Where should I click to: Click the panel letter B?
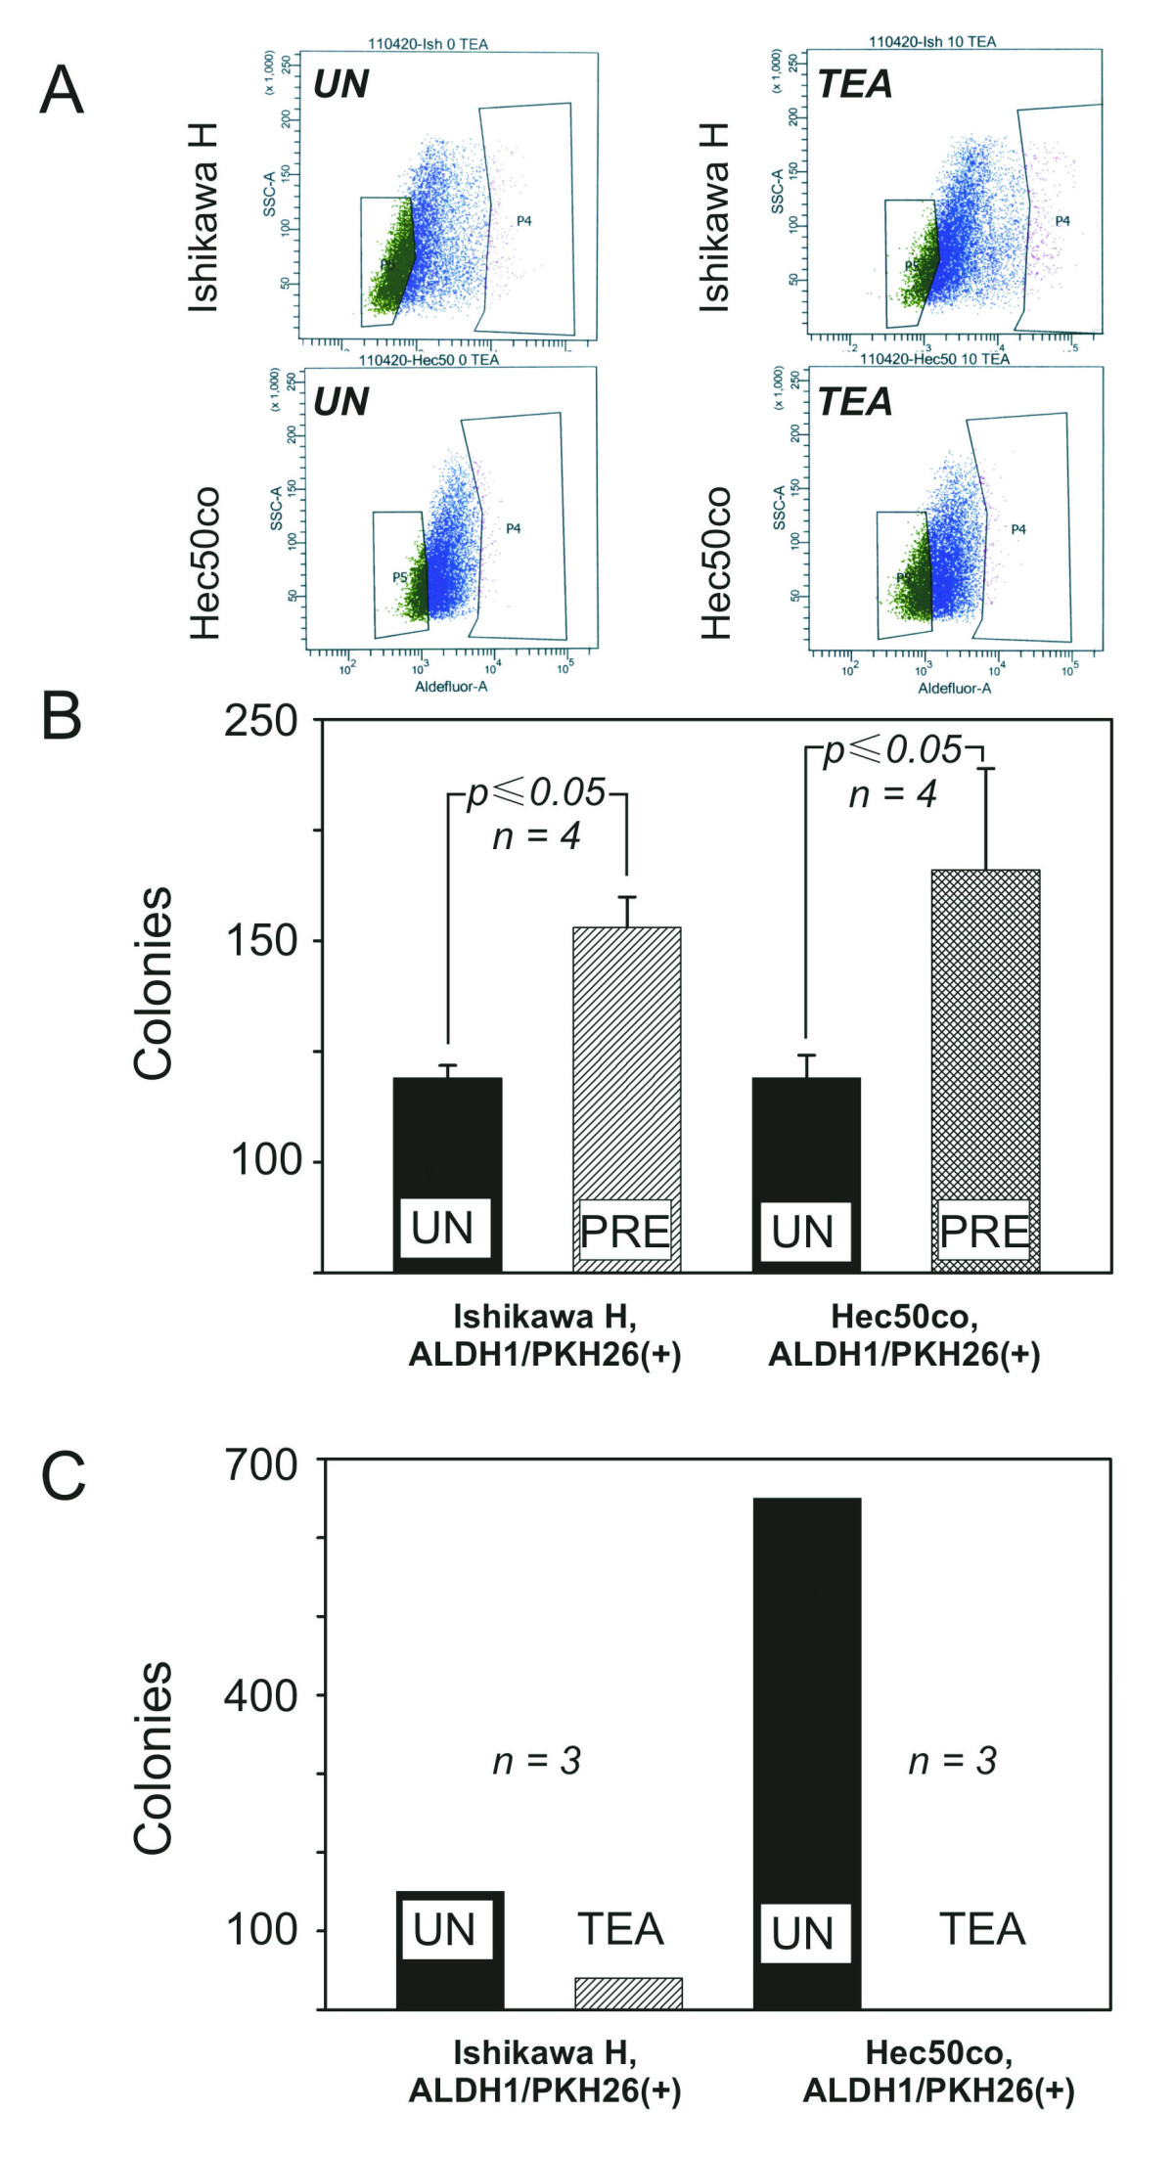[62, 716]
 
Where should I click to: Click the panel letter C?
[64, 1477]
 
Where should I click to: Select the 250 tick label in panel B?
[260, 721]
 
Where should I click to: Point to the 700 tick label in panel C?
[260, 1464]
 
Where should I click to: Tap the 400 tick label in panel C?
[260, 1695]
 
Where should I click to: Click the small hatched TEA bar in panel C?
[628, 1993]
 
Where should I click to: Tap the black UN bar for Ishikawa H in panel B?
[447, 1135]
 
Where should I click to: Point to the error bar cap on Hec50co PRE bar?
[986, 769]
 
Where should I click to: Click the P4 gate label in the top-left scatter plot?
[524, 221]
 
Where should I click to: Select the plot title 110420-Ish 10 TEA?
[932, 42]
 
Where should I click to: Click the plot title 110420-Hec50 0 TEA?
[429, 360]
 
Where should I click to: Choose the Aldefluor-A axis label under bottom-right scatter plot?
[954, 688]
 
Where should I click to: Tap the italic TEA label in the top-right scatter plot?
[855, 85]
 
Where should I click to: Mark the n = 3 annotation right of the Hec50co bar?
[952, 1761]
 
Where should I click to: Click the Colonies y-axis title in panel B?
[154, 983]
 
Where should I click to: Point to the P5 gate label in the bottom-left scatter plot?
[400, 577]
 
